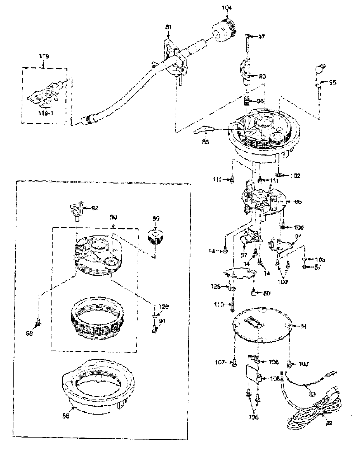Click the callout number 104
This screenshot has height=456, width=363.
227,8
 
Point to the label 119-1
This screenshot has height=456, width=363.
46,113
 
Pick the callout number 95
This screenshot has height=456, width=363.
332,83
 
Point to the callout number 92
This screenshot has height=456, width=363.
95,208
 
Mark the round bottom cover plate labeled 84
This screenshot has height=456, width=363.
261,325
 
